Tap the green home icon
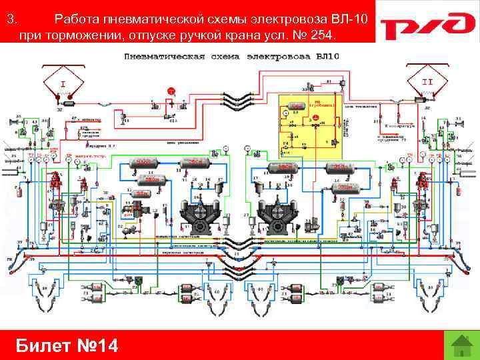tap(457, 345)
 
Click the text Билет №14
tap(67, 345)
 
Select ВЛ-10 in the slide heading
tap(350, 19)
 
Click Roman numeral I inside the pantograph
tap(63, 85)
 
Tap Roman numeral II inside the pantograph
tap(427, 81)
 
